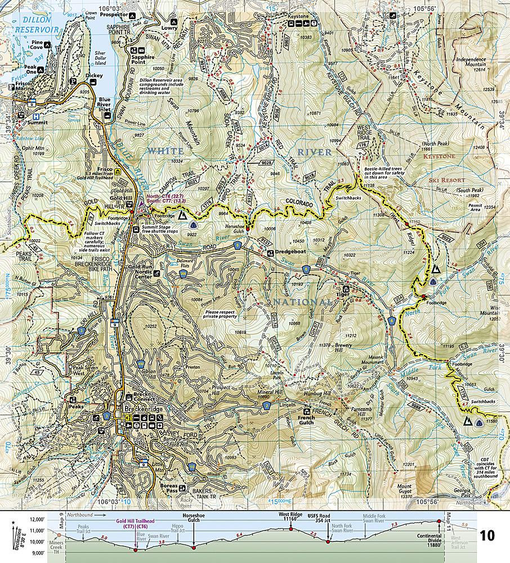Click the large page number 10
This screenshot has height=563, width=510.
487,535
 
